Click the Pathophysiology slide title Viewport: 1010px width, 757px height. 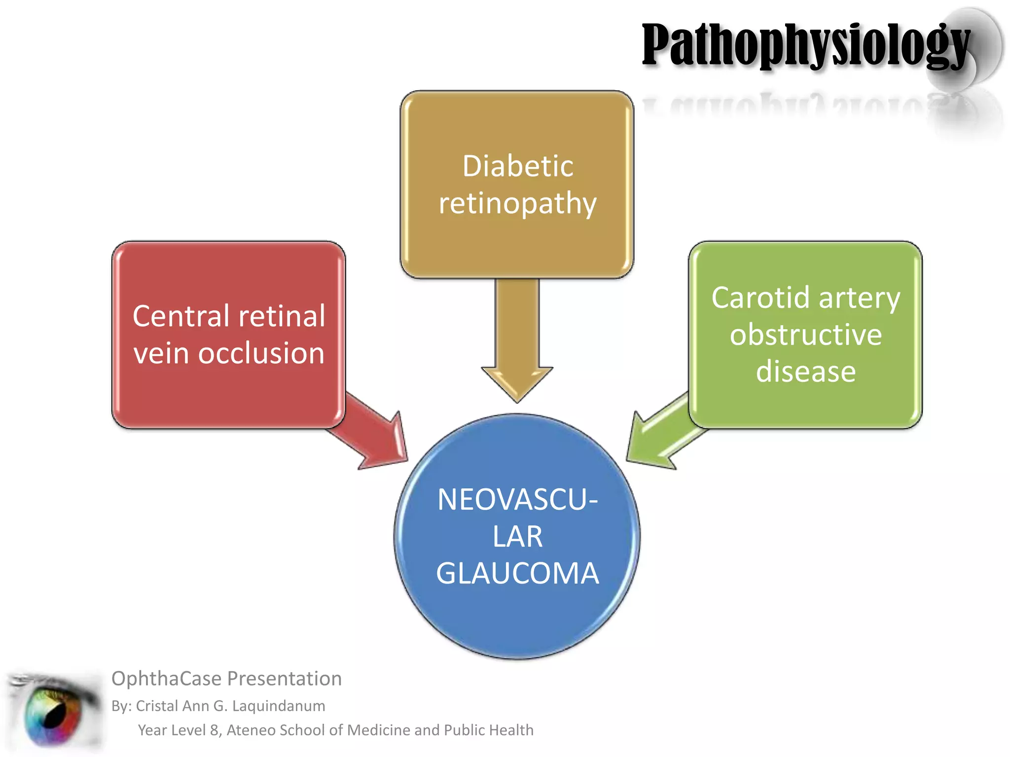click(806, 45)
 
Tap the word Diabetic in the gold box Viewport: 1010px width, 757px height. click(518, 166)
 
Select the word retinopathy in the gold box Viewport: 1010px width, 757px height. click(518, 204)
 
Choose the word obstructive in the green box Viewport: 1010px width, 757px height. click(806, 335)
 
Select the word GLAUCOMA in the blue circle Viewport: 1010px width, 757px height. click(517, 573)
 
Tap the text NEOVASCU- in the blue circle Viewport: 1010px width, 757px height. click(517, 500)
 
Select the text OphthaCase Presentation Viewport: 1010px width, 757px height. click(226, 679)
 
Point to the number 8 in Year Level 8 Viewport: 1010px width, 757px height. click(214, 730)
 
